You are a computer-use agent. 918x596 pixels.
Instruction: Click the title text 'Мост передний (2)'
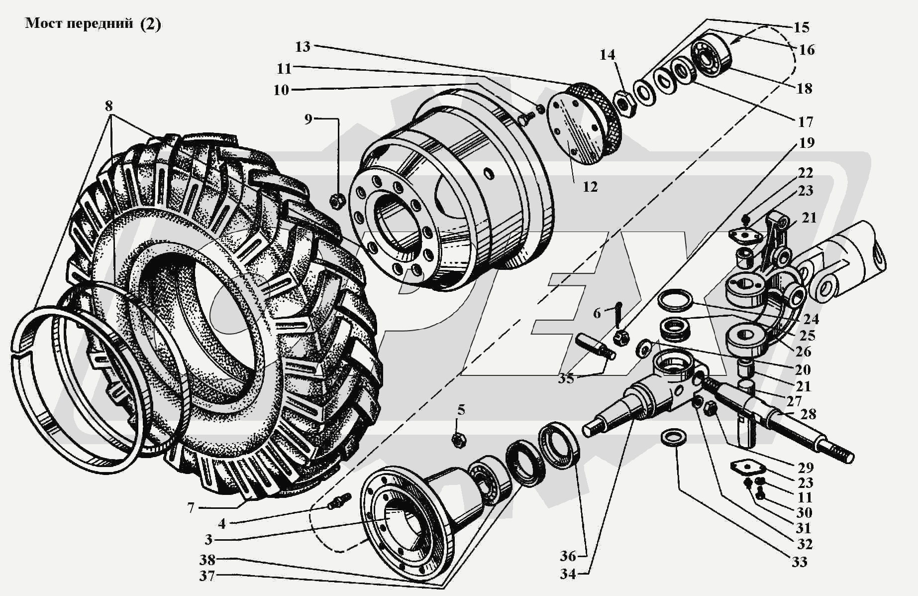point(93,24)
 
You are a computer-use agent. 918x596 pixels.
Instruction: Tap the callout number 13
point(303,47)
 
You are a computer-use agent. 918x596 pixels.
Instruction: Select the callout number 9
point(308,119)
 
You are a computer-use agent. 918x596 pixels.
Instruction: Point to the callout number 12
point(590,187)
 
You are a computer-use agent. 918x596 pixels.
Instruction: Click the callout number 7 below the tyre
point(191,508)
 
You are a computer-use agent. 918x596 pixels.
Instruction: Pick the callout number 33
point(799,562)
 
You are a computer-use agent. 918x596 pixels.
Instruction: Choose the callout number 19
point(807,143)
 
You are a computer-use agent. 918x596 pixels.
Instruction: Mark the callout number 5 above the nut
point(461,410)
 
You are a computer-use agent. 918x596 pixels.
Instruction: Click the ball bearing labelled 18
point(712,57)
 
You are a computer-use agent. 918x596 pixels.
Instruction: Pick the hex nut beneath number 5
point(458,440)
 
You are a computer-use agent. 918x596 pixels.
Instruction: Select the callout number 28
point(809,414)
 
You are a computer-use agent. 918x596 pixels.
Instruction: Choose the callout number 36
point(568,556)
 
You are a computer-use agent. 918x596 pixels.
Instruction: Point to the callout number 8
point(108,106)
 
